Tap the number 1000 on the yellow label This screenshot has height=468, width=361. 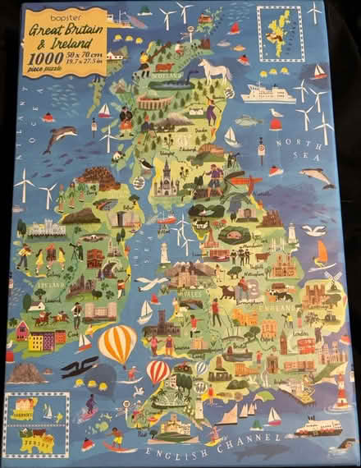tap(40, 58)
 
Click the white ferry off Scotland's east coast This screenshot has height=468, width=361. tap(267, 94)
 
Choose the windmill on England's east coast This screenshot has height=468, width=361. tap(333, 279)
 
